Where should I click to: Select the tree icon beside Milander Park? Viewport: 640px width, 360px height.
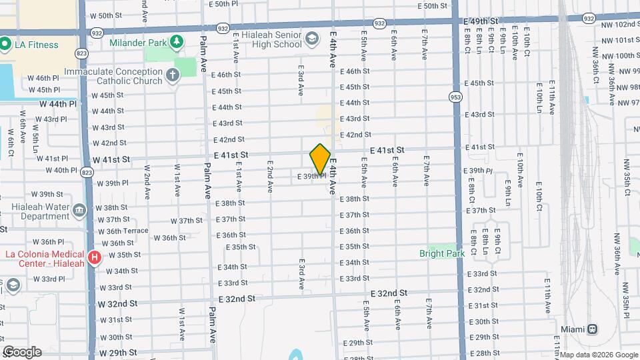[176, 43]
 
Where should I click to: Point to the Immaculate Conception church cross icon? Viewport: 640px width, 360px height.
[173, 75]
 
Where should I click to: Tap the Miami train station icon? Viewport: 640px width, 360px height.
[591, 329]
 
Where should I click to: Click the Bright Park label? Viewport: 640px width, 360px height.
[442, 253]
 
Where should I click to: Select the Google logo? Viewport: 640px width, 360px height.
[22, 352]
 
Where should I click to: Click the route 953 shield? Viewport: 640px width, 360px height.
[455, 96]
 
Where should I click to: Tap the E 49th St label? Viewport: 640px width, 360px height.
[480, 21]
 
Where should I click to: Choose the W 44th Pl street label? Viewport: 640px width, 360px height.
[58, 104]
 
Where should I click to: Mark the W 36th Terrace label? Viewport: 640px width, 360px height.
[123, 231]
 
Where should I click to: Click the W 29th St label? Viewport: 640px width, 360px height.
[117, 352]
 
